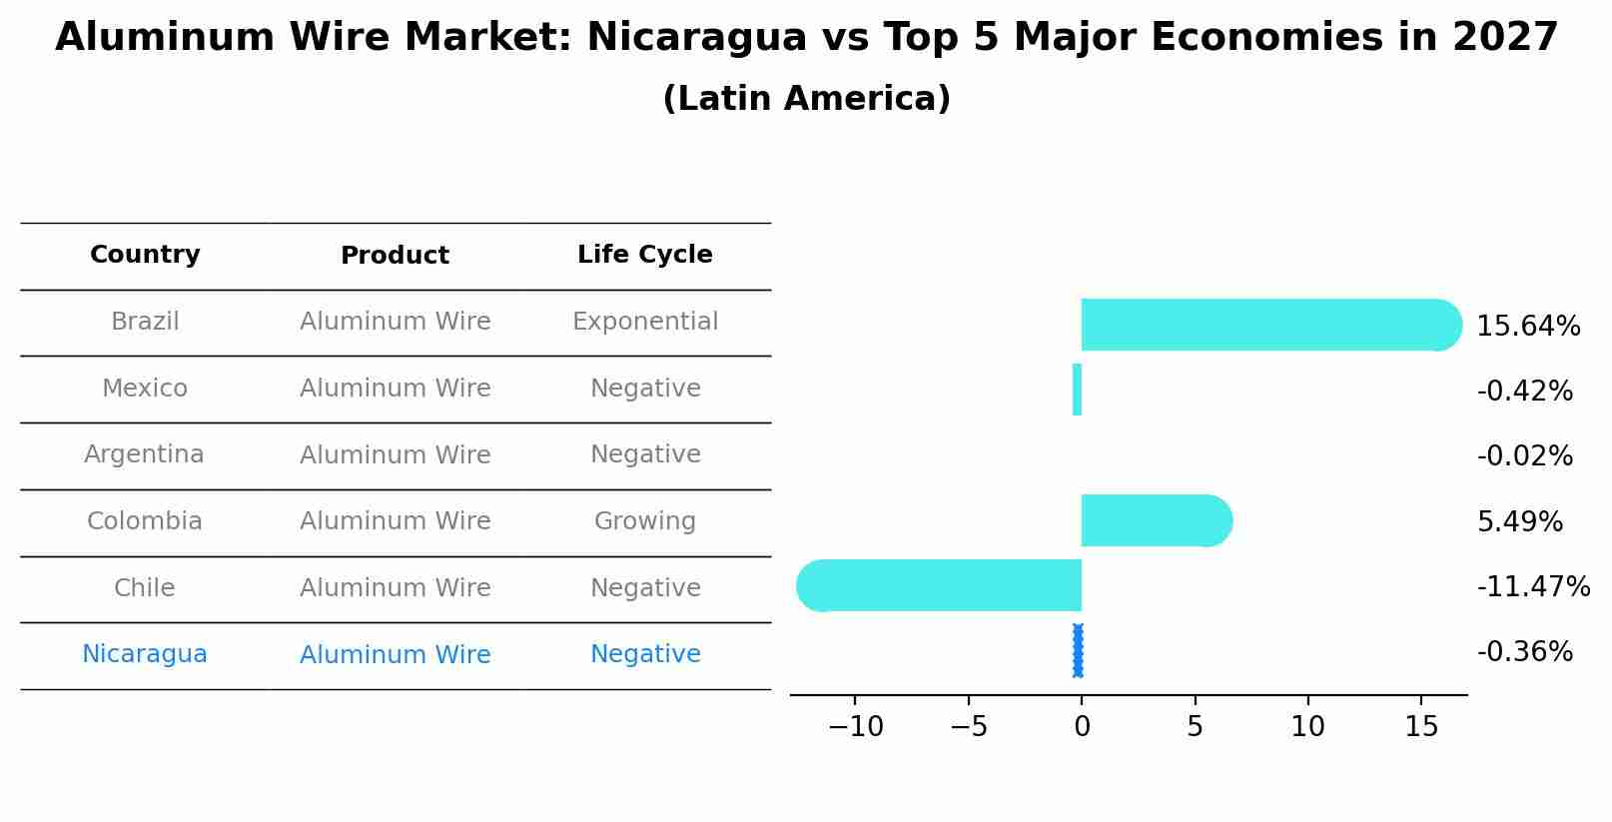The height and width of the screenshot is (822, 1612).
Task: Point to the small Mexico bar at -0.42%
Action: [x=1077, y=390]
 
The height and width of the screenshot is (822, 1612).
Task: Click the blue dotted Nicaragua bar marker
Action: [x=1078, y=651]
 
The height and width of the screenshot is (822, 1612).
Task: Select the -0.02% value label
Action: [x=1524, y=456]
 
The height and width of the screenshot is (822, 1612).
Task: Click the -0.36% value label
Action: [x=1524, y=652]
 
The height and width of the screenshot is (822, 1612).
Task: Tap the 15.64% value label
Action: [x=1527, y=327]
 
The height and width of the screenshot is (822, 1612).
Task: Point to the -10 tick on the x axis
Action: [x=856, y=727]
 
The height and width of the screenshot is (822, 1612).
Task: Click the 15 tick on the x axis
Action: [x=1421, y=727]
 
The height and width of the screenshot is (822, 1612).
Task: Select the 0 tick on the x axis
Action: [x=1082, y=727]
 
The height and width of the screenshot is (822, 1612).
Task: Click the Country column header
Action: [x=145, y=255]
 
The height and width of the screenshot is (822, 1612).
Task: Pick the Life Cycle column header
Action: [x=644, y=255]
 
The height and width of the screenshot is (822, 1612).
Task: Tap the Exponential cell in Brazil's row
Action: [x=644, y=322]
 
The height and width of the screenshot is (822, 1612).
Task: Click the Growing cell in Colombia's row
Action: [x=644, y=521]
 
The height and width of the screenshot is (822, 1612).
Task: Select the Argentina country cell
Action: [x=144, y=454]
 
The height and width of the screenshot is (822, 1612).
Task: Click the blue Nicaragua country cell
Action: [x=144, y=654]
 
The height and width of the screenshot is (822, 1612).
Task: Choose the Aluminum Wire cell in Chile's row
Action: [x=395, y=588]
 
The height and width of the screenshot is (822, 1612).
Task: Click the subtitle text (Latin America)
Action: [x=806, y=99]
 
